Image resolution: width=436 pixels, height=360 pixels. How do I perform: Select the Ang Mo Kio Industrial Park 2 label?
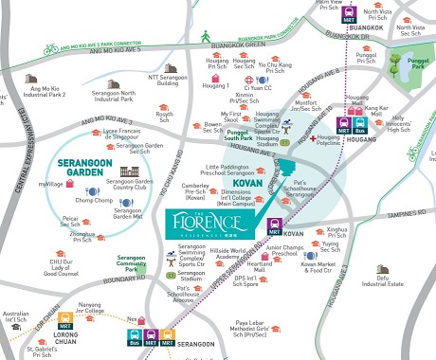[x=45, y=91]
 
